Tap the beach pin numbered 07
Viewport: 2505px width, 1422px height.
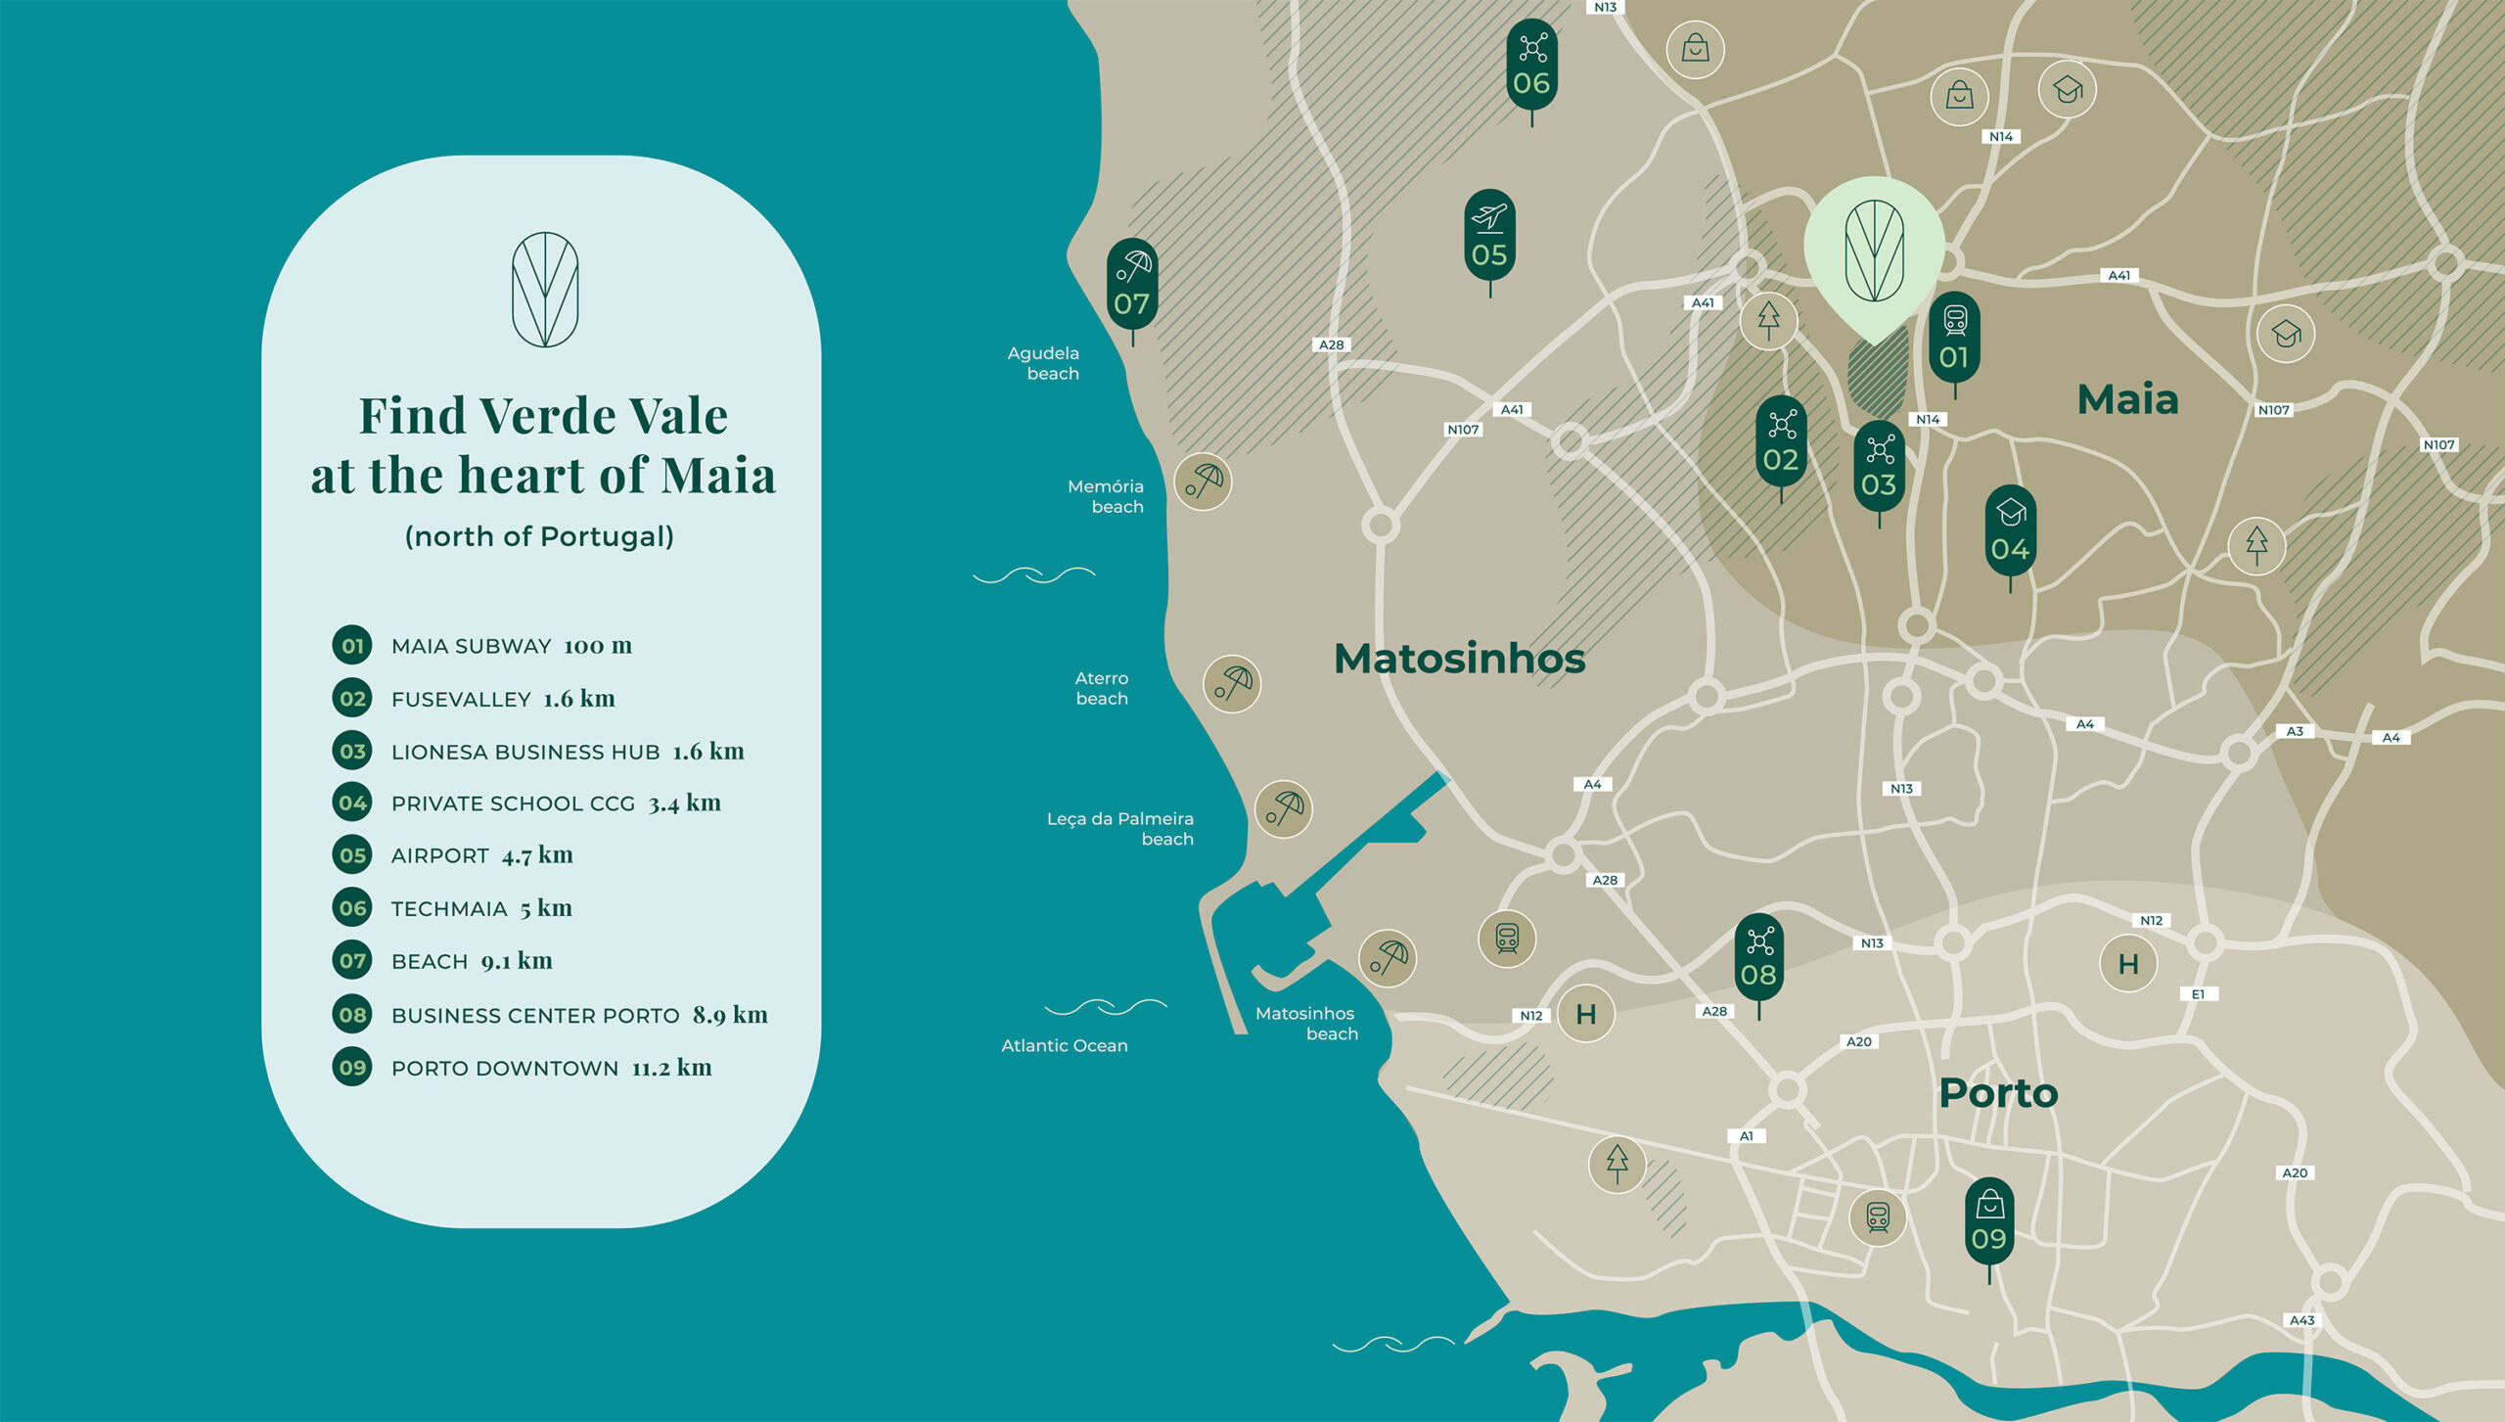point(1132,286)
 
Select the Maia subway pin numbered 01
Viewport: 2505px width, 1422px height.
point(1954,340)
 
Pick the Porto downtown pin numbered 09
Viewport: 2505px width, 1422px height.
point(1988,1222)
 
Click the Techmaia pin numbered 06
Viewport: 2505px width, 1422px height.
point(1531,67)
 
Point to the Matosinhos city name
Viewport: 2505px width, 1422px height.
point(1459,659)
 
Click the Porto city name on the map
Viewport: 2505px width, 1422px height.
point(1998,1093)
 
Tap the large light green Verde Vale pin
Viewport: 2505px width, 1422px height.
point(1874,250)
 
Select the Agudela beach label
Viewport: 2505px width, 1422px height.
point(1044,363)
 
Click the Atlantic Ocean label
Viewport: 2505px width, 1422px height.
point(1064,1045)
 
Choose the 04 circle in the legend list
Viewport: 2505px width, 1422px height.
point(352,803)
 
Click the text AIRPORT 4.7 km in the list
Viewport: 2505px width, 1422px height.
point(481,855)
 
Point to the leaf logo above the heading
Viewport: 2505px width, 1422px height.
point(545,290)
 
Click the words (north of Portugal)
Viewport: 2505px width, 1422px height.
point(539,536)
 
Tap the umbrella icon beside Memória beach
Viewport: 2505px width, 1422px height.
point(1203,482)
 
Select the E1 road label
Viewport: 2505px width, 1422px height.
point(2198,994)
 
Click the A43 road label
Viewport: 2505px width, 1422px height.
point(2301,1320)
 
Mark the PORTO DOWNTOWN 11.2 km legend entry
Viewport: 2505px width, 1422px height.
point(551,1068)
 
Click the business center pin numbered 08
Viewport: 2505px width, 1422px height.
point(1758,958)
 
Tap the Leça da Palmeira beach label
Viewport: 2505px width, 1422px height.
point(1120,828)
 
